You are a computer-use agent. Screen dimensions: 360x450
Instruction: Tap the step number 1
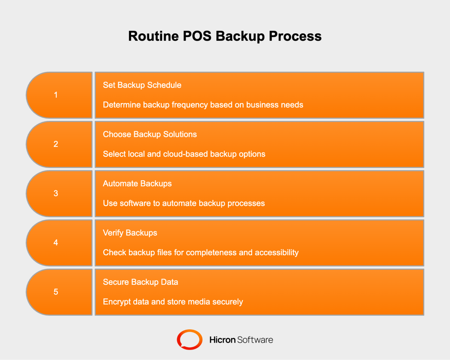click(56, 95)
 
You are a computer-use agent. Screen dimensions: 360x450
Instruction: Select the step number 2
click(56, 144)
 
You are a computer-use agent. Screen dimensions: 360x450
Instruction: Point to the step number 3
click(56, 193)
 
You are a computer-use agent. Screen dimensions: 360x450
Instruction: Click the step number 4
click(56, 242)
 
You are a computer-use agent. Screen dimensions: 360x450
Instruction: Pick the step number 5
click(56, 292)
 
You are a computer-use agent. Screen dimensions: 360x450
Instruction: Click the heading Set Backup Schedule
click(142, 85)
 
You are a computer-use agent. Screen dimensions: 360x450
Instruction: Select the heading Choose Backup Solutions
click(150, 134)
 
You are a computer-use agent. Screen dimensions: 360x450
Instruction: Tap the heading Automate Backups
click(137, 184)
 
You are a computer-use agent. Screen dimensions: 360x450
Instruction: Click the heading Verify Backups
click(130, 233)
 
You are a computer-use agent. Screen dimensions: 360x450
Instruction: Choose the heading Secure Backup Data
click(140, 282)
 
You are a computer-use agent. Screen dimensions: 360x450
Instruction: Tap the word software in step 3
click(135, 203)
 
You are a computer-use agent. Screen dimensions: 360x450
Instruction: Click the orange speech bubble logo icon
click(190, 340)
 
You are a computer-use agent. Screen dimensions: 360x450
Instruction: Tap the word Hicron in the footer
click(222, 340)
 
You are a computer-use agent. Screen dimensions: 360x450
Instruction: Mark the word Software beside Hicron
click(255, 340)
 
